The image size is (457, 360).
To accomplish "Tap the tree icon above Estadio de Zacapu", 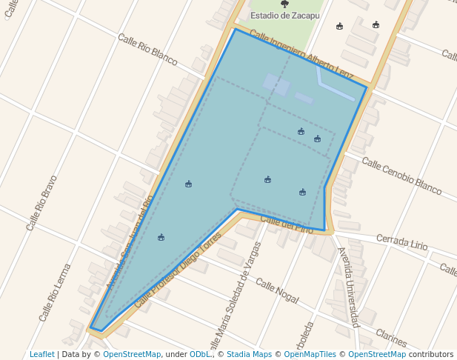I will (x=284, y=4).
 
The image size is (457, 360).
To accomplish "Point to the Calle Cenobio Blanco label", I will (x=401, y=176).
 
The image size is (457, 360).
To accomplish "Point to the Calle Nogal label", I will (x=276, y=290).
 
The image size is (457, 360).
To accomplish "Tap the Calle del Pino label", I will (x=287, y=224).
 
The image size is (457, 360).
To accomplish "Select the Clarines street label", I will (x=391, y=338).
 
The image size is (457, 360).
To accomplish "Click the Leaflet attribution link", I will (x=41, y=355).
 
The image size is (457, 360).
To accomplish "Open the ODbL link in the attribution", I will (x=199, y=355).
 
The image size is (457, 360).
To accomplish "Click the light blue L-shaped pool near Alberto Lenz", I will (x=333, y=87).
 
